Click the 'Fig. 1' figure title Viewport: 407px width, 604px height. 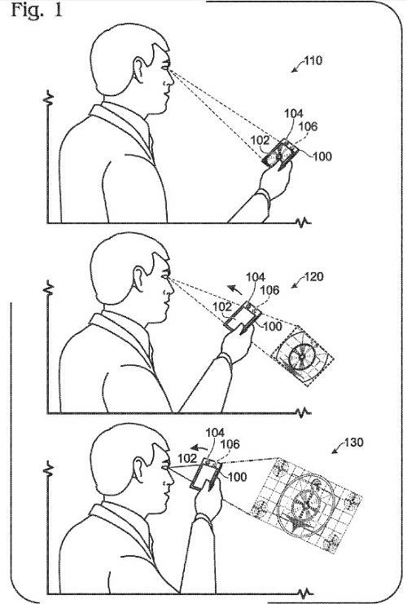pos(37,10)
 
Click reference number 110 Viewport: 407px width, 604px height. pos(313,61)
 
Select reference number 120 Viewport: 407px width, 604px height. pos(313,276)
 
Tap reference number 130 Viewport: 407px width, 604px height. pos(353,443)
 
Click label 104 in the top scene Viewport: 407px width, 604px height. pos(294,113)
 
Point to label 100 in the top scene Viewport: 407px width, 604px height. pos(322,156)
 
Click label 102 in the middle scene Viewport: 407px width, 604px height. pos(222,306)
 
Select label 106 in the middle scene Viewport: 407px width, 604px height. pos(270,289)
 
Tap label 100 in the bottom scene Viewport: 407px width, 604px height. pos(238,477)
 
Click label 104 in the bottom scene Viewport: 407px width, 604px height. pos(215,433)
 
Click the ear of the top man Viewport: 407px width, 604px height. pos(139,70)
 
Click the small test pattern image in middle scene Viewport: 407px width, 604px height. pos(302,355)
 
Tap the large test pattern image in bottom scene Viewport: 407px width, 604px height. pos(306,505)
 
